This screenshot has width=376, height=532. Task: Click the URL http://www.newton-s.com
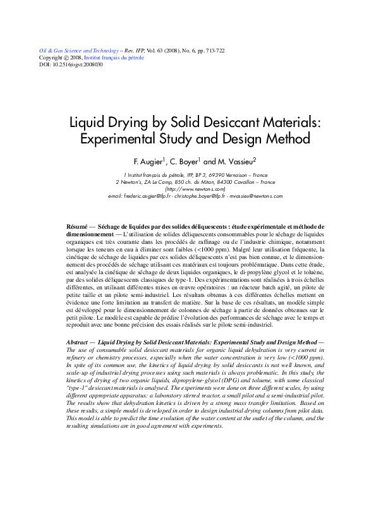click(195, 188)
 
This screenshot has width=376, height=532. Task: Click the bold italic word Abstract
click(78, 341)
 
